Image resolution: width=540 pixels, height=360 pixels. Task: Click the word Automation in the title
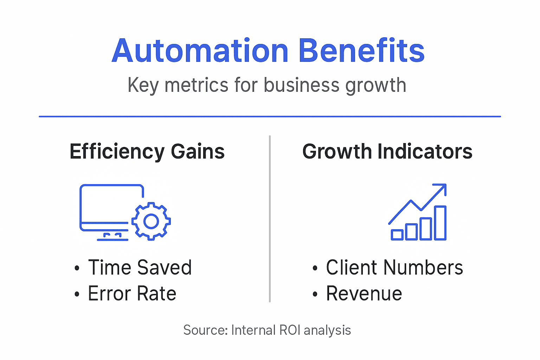[200, 51]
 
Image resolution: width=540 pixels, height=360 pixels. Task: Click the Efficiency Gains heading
[147, 152]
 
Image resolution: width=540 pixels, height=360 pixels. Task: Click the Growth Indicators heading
[387, 152]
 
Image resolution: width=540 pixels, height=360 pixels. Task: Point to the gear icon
[151, 221]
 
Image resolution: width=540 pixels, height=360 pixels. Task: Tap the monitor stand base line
[112, 240]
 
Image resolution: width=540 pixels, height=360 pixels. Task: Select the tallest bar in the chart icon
[440, 223]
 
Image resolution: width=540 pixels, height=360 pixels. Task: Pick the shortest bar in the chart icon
[397, 234]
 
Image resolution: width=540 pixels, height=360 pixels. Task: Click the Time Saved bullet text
[140, 268]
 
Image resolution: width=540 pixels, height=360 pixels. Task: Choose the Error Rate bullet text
[132, 294]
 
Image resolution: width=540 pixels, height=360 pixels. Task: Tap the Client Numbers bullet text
[394, 268]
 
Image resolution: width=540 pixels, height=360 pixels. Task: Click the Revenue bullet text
[364, 294]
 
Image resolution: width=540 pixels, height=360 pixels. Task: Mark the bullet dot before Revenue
[315, 294]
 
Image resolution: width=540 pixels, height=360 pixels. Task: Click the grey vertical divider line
[270, 218]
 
